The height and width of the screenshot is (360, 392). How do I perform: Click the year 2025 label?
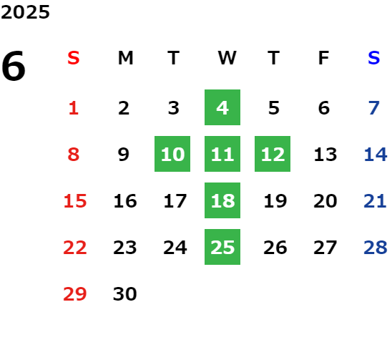point(25,12)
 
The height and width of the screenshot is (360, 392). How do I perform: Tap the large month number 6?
point(14,66)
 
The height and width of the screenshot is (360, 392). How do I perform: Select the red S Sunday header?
point(74,58)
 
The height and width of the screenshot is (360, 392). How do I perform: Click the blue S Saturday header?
point(373,58)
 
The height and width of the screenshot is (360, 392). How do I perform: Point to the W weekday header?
point(227,58)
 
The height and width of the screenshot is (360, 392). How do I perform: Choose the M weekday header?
point(125,58)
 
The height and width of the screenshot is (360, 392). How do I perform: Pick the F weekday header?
point(324,58)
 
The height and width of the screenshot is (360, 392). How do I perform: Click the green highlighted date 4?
point(222,107)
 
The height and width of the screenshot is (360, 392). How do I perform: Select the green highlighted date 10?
point(172,154)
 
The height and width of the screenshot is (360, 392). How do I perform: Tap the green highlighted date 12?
point(273,154)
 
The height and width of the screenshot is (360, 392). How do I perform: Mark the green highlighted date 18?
point(222,200)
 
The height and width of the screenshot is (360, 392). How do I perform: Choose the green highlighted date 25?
point(222,247)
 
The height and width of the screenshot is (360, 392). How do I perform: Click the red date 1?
point(74,108)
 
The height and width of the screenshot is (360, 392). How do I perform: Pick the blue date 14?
point(376,155)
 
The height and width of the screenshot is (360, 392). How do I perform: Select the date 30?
point(124,293)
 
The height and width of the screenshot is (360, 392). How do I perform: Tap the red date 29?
point(74,293)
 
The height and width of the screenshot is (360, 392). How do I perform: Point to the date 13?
point(325,155)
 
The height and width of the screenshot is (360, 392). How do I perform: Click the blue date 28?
point(376,248)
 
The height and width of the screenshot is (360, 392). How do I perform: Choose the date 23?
point(124,248)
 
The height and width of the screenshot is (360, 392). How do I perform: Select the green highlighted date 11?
point(222,154)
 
